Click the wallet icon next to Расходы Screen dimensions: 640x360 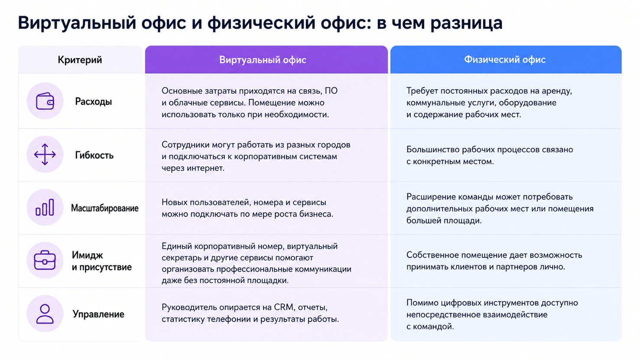(45, 101)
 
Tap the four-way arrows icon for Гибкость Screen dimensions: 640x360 (45, 155)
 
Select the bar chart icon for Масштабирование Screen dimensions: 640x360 (45, 208)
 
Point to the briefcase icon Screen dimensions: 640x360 (45, 260)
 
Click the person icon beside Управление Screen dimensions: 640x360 (45, 314)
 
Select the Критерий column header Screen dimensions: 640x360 (80, 60)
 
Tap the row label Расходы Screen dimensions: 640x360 (94, 101)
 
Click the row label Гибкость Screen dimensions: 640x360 (94, 155)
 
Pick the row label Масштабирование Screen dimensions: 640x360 (104, 208)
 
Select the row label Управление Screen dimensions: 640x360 (98, 314)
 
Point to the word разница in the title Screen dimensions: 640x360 (466, 23)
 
